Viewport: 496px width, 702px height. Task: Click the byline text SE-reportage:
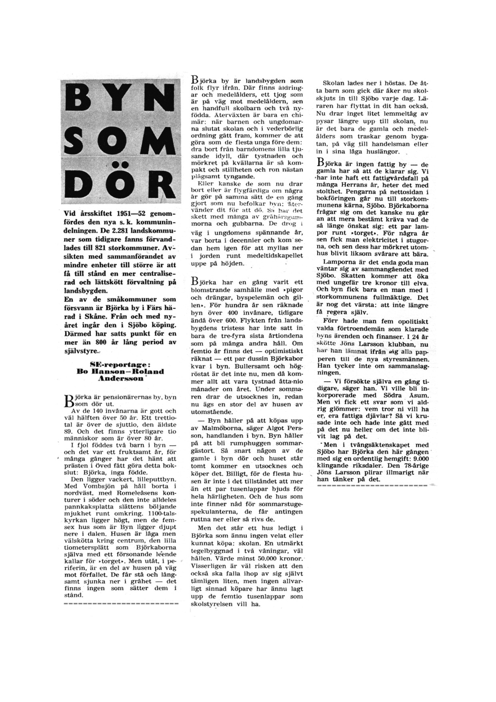[x=120, y=365]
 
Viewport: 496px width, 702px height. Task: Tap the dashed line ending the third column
[x=372, y=485]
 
